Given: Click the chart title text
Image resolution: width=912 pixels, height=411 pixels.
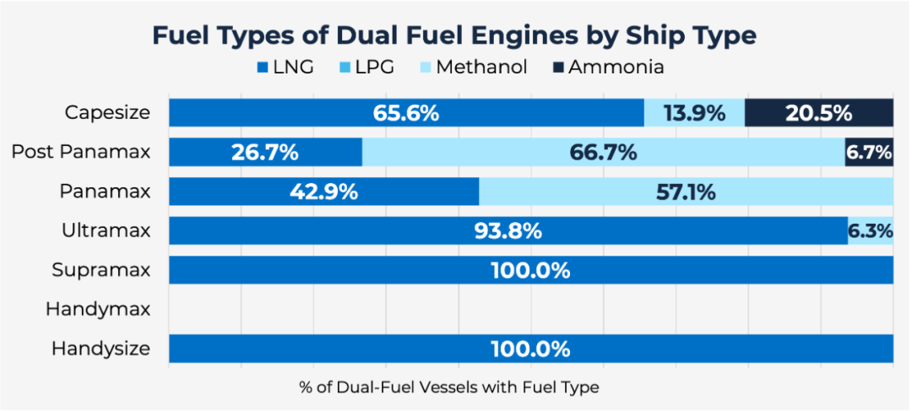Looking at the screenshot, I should click(453, 35).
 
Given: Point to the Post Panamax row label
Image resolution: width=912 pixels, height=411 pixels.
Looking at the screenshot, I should click(81, 152).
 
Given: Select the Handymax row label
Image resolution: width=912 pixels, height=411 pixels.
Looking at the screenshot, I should click(98, 309).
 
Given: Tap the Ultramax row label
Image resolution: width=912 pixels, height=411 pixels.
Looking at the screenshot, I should click(106, 230).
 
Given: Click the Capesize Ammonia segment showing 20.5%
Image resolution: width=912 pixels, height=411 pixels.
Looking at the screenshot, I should click(818, 113).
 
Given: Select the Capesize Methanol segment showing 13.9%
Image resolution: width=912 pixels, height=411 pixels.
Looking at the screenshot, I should click(694, 113).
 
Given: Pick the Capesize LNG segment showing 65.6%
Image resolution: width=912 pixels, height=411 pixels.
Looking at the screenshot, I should click(406, 113).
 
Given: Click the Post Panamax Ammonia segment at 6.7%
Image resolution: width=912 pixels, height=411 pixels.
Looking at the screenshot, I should click(869, 153).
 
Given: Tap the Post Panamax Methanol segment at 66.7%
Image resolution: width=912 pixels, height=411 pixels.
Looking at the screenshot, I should click(603, 153).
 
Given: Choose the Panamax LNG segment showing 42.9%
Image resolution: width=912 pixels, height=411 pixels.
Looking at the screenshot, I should click(323, 192).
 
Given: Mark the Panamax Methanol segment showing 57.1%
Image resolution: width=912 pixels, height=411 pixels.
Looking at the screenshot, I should click(686, 192).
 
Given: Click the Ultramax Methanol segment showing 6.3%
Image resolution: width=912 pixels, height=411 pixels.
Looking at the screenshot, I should click(871, 231).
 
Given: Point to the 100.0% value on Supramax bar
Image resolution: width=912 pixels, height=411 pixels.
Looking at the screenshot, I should click(530, 271).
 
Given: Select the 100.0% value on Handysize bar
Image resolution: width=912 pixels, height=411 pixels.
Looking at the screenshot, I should click(530, 349).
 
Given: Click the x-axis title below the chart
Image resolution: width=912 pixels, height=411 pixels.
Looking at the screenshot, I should click(448, 387).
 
